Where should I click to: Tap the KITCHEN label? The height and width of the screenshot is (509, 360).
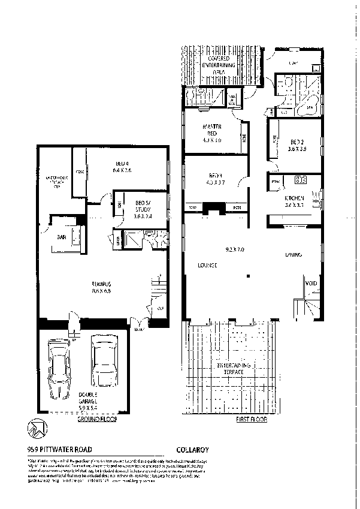click(x=294, y=198)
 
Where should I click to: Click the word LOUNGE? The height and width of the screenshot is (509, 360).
click(x=204, y=265)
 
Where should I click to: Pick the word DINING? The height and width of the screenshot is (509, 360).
click(x=292, y=255)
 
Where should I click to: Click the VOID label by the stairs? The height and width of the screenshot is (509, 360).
click(x=311, y=284)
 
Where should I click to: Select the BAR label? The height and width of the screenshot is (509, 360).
click(x=61, y=237)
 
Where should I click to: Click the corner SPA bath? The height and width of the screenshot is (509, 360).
click(x=309, y=106)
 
